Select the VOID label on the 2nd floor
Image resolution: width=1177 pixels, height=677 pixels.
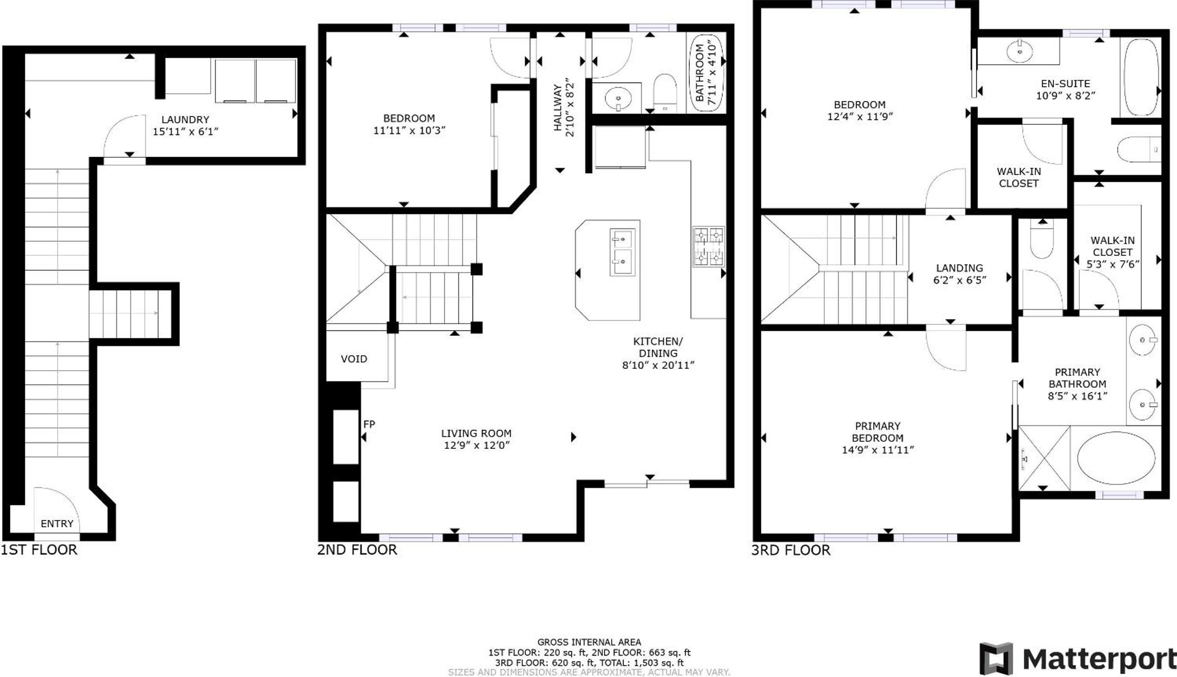(x=354, y=359)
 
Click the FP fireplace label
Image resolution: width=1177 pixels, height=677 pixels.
(x=369, y=424)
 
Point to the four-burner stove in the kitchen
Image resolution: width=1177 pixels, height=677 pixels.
(x=708, y=246)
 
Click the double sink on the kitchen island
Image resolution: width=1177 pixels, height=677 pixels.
(x=622, y=252)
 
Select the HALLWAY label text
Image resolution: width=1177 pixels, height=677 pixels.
(x=558, y=107)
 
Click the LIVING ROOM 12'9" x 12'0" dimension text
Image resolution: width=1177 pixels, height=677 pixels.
(x=477, y=445)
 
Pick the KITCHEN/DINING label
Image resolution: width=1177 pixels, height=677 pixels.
(x=658, y=347)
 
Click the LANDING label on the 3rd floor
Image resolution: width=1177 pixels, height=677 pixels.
(x=960, y=268)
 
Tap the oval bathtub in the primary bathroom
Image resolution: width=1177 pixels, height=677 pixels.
(x=1116, y=458)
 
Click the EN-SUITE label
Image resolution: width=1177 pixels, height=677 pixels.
(x=1065, y=84)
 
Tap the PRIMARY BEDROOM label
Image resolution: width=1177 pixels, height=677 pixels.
(x=877, y=432)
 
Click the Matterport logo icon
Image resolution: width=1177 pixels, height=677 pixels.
(x=996, y=659)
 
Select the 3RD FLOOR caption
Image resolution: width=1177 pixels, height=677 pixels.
(x=791, y=550)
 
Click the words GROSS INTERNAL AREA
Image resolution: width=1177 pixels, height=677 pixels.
(x=589, y=643)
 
